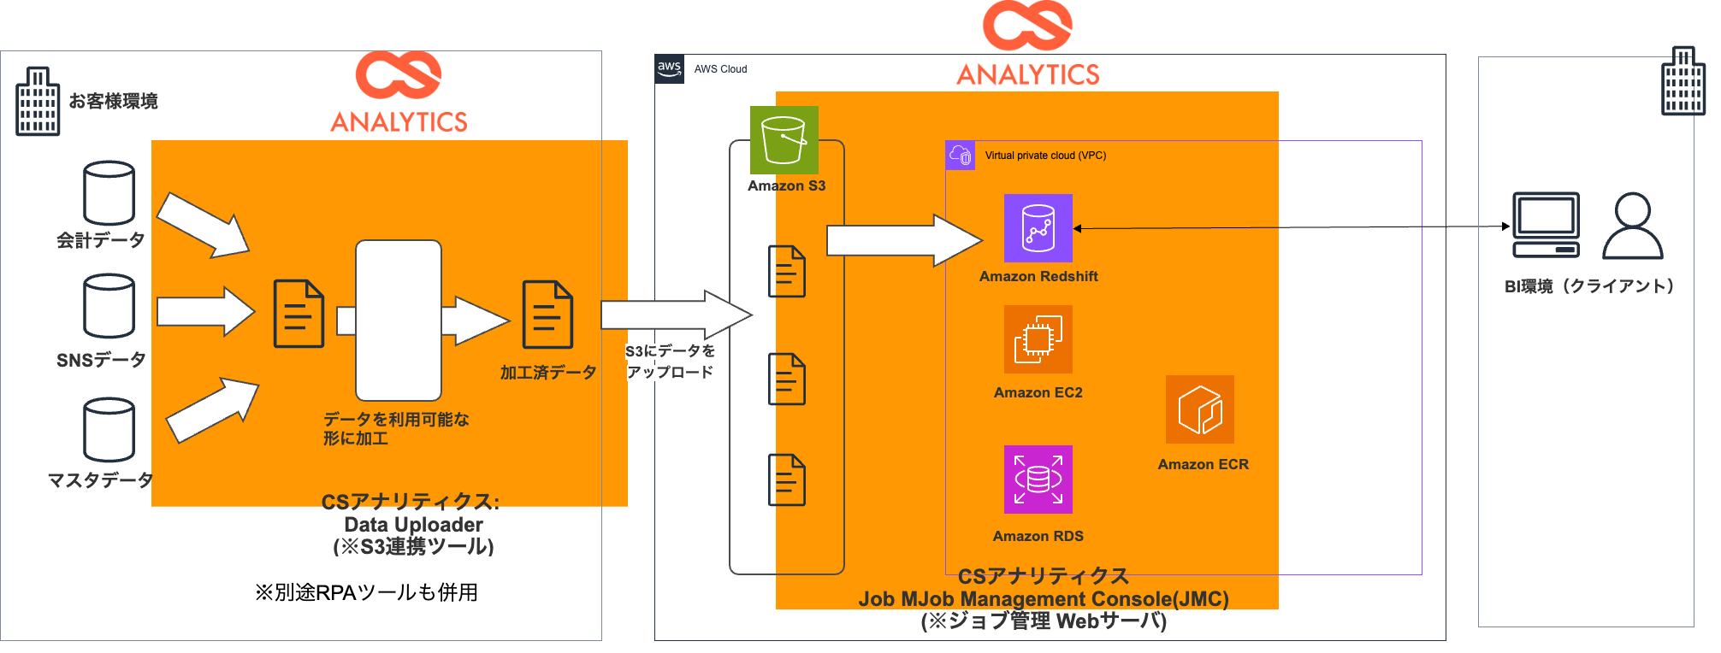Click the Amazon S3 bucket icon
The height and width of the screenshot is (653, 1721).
pos(784,140)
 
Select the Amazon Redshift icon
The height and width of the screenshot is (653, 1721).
pos(1038,228)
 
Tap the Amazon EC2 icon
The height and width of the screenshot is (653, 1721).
pos(1038,339)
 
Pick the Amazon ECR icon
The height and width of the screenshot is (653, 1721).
pos(1199,409)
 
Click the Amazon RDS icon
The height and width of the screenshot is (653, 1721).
pos(1038,479)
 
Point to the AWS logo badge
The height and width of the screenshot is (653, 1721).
pos(669,69)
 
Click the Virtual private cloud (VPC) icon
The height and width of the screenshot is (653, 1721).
pos(961,156)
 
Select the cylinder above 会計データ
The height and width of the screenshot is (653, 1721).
pos(109,193)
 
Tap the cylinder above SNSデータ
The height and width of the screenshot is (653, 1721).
pos(109,306)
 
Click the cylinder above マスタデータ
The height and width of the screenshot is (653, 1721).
pos(109,429)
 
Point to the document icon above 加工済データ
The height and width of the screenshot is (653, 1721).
pos(547,314)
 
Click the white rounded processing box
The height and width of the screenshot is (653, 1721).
pos(399,320)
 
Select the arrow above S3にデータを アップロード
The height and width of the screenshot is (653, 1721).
pos(675,315)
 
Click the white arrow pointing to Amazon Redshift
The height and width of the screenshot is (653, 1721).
pos(903,240)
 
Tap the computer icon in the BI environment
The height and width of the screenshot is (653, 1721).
pos(1546,225)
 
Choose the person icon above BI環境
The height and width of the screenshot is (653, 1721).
pos(1632,226)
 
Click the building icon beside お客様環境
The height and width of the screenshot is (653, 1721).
pos(38,102)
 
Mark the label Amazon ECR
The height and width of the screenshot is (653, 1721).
pos(1203,464)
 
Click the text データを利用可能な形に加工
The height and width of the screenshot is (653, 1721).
pos(395,428)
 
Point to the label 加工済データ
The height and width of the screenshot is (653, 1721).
pos(548,373)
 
